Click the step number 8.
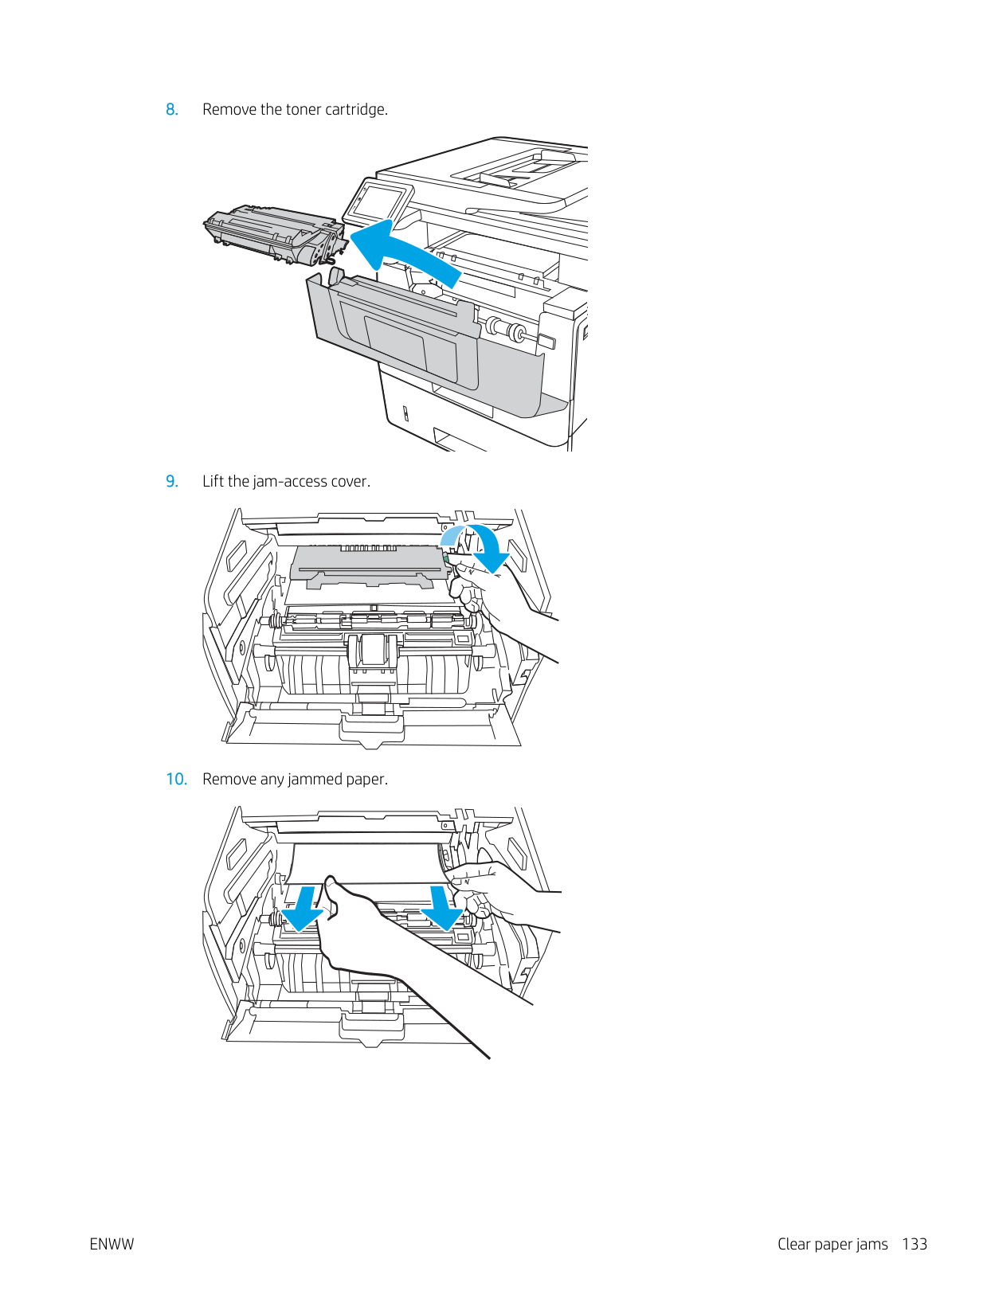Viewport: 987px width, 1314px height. [x=171, y=110]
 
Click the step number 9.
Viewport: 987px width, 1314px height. [x=171, y=482]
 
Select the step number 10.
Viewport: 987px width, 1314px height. [x=176, y=780]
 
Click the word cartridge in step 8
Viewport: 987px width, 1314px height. [x=355, y=110]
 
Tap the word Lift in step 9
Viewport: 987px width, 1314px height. [x=213, y=482]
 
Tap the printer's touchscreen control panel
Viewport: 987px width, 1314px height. [x=378, y=202]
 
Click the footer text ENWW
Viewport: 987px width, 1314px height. [x=112, y=1245]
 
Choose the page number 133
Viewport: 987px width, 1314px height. [x=915, y=1245]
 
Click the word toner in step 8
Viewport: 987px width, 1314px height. [x=303, y=110]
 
